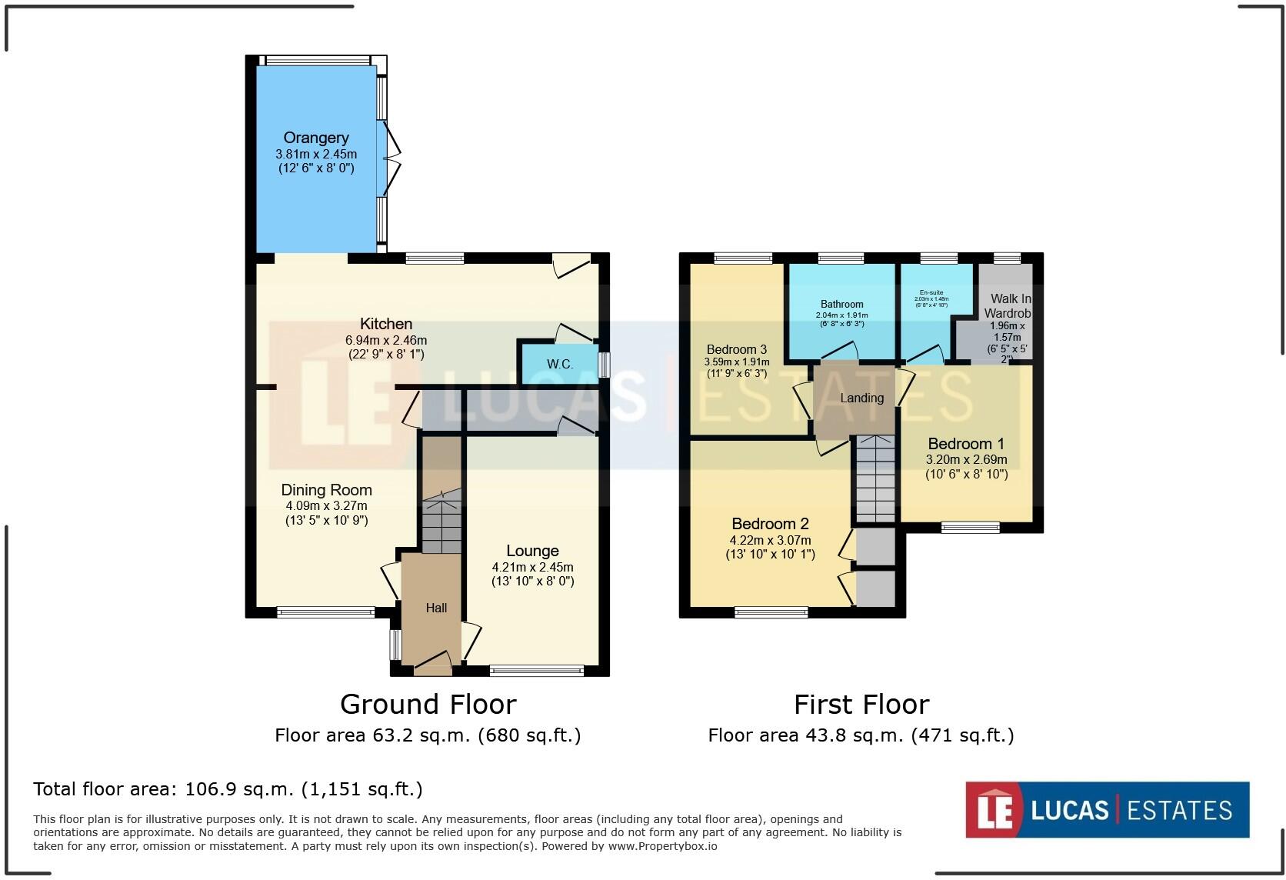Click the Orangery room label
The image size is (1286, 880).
pyautogui.click(x=316, y=138)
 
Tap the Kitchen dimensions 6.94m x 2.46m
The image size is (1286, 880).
pyautogui.click(x=386, y=339)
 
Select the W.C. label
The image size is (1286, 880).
pyautogui.click(x=560, y=364)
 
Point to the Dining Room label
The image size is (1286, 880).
pyautogui.click(x=326, y=490)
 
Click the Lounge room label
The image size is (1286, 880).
pyautogui.click(x=532, y=551)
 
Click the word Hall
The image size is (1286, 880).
pyautogui.click(x=436, y=608)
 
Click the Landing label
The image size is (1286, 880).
pyautogui.click(x=861, y=398)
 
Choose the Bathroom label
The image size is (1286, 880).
pyautogui.click(x=841, y=304)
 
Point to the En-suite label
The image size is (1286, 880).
pyautogui.click(x=931, y=292)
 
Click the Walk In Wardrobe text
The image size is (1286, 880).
pyautogui.click(x=1008, y=305)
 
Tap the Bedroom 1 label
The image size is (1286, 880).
pyautogui.click(x=966, y=444)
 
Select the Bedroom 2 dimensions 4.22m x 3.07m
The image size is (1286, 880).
pyautogui.click(x=770, y=540)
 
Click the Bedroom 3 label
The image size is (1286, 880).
pyautogui.click(x=736, y=349)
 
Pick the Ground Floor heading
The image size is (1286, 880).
pyautogui.click(x=428, y=704)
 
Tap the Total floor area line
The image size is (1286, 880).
pyautogui.click(x=228, y=788)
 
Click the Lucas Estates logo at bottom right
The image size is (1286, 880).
pyautogui.click(x=1107, y=809)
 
